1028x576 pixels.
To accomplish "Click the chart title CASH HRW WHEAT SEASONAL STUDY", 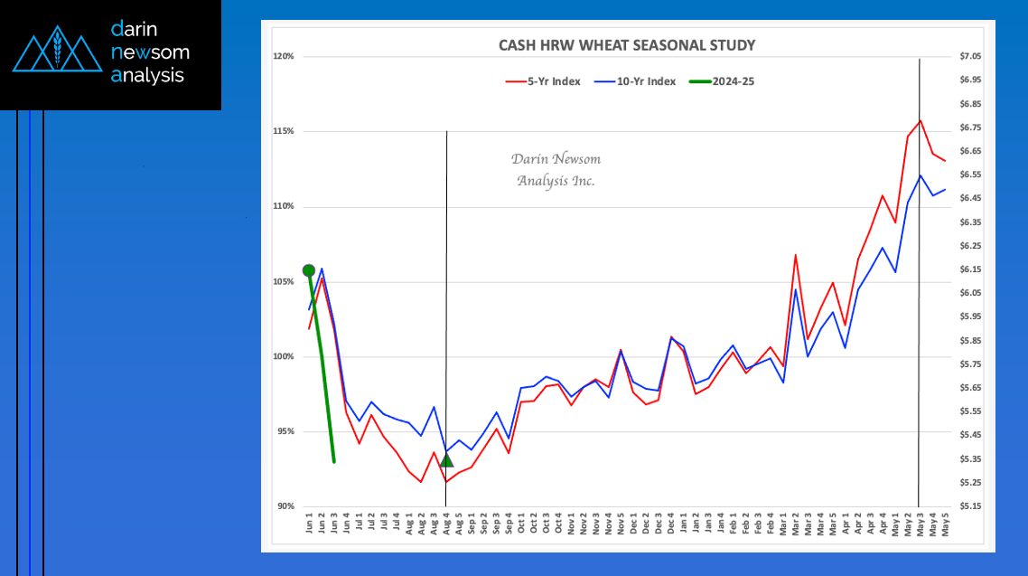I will pyautogui.click(x=627, y=45).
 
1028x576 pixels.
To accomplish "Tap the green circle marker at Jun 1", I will pyautogui.click(x=309, y=270).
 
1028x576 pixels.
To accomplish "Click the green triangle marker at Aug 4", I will pyautogui.click(x=446, y=461).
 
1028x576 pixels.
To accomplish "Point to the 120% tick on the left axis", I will pyautogui.click(x=284, y=57).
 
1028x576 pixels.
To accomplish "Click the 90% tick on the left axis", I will pyautogui.click(x=285, y=506).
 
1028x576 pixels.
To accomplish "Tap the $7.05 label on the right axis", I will pyautogui.click(x=970, y=57).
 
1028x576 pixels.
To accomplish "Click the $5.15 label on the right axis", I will pyautogui.click(x=970, y=506).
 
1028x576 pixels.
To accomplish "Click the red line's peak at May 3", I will pyautogui.click(x=920, y=120).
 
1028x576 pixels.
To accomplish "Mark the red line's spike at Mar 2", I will pyautogui.click(x=795, y=255).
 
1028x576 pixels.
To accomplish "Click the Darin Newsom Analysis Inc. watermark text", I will pyautogui.click(x=556, y=170).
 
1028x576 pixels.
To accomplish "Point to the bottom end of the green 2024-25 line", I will pyautogui.click(x=334, y=462).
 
